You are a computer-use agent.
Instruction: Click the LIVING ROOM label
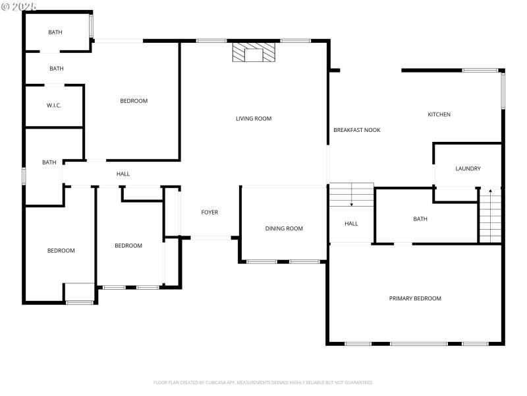click(x=254, y=119)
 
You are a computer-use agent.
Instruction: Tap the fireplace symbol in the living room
click(x=254, y=54)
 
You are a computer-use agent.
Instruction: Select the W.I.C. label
click(x=54, y=106)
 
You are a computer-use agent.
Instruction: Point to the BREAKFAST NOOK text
click(x=356, y=130)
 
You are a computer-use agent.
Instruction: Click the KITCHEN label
click(x=439, y=115)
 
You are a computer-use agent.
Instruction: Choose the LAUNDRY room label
click(x=468, y=169)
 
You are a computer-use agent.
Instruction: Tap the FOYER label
click(x=209, y=213)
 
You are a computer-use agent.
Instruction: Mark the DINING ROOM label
click(x=284, y=229)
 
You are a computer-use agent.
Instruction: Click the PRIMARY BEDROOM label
click(x=415, y=298)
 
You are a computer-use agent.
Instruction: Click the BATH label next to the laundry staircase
click(x=420, y=219)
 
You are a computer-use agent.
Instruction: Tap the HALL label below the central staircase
click(x=351, y=224)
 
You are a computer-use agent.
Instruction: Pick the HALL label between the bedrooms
click(x=123, y=174)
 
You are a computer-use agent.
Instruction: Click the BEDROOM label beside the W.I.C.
click(x=134, y=101)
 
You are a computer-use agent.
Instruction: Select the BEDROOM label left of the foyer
click(x=128, y=246)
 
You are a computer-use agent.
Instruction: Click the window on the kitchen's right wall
click(x=502, y=90)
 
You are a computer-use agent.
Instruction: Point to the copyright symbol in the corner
click(x=7, y=7)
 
